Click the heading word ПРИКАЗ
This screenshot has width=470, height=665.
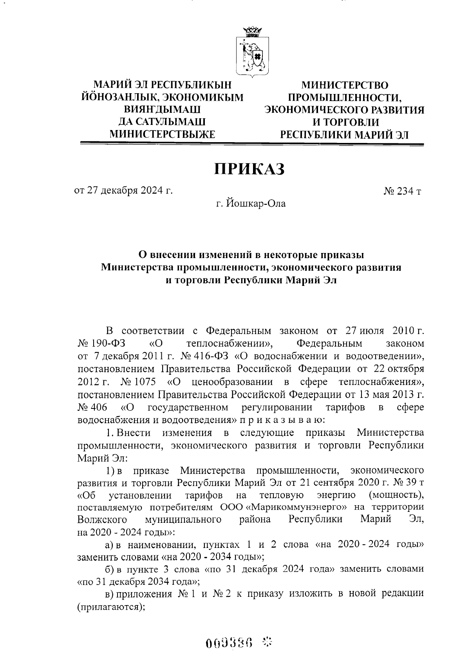click(x=249, y=169)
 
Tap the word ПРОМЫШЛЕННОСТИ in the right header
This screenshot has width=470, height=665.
click(x=344, y=97)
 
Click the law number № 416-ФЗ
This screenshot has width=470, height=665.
click(x=206, y=356)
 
